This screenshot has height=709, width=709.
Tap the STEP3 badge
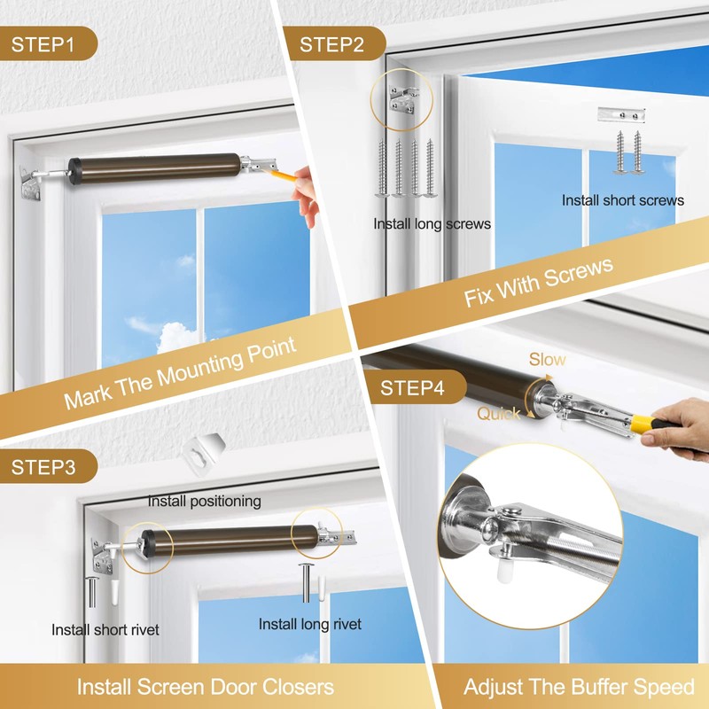tap(43, 465)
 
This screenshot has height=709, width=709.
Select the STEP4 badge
tap(411, 387)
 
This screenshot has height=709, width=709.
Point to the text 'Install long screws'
tap(432, 223)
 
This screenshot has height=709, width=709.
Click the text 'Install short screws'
tap(622, 200)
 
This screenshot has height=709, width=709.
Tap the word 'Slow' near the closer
tap(547, 360)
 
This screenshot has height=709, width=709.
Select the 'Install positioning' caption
tap(204, 501)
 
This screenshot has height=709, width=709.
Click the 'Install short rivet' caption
tap(105, 630)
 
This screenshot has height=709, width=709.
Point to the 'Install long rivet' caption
tap(309, 625)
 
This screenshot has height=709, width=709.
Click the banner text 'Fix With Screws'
tap(538, 283)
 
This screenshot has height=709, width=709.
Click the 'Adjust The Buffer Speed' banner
tap(579, 687)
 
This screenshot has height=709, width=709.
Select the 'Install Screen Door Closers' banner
tap(205, 687)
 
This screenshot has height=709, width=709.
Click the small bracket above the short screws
tap(621, 114)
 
